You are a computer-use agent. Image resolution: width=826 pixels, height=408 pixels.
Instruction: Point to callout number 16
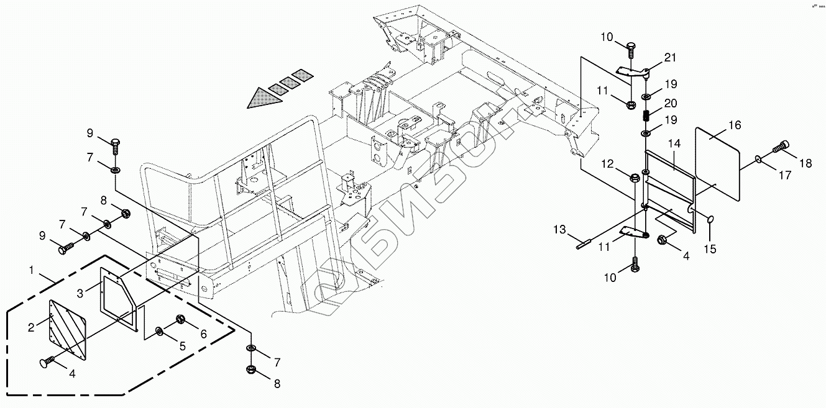pos(735,125)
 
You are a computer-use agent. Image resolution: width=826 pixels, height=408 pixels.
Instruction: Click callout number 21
pos(669,58)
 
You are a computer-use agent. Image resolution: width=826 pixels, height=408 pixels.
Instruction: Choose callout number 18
pos(805,163)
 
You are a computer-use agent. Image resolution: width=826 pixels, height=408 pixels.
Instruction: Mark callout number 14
pos(674,144)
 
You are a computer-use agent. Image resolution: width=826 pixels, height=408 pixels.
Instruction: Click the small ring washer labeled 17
pos(759,160)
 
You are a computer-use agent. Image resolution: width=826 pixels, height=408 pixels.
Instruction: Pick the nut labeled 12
pos(635,178)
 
